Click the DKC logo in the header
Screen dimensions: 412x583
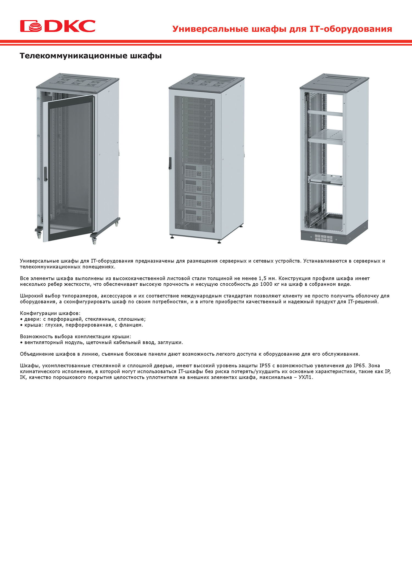[58, 26]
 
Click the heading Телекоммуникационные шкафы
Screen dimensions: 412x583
[91, 56]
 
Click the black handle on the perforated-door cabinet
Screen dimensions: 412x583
[170, 163]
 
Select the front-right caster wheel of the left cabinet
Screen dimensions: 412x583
[94, 240]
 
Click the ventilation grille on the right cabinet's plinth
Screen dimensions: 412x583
[324, 238]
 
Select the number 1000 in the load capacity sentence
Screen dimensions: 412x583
[266, 284]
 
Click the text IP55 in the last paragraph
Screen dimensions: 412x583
[265, 366]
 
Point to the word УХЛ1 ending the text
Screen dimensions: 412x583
[305, 377]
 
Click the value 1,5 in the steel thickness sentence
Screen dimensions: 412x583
[262, 278]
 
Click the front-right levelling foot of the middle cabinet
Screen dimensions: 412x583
[219, 242]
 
